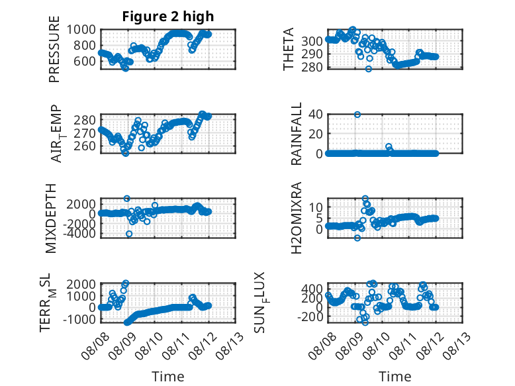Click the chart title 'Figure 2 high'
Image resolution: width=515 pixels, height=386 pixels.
tap(168, 17)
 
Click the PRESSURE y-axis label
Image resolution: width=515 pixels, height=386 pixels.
tap(54, 49)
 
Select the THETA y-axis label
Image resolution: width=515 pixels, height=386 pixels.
tap(288, 49)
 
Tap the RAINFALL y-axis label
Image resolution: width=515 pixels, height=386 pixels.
tap(297, 134)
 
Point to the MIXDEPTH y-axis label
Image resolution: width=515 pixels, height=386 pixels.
tap(51, 218)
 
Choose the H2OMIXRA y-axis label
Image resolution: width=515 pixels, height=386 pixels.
tap(297, 218)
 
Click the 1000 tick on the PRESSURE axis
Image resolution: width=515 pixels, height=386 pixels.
tap(81, 30)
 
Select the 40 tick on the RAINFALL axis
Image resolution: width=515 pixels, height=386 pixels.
tap(315, 115)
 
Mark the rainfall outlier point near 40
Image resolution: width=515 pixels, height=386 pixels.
tap(357, 115)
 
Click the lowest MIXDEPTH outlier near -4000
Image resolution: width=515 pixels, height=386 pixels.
tap(129, 234)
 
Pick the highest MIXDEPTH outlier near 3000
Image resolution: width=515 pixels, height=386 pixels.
tap(127, 199)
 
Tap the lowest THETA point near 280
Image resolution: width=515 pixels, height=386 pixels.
tap(369, 69)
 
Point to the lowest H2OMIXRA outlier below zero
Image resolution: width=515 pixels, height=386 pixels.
tap(357, 238)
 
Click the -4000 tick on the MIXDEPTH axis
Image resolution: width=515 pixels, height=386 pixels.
tap(81, 234)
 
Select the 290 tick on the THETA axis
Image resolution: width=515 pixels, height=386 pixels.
tap(312, 54)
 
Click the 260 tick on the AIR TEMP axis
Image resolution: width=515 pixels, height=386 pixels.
tap(85, 146)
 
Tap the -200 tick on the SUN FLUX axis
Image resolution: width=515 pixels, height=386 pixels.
tap(310, 317)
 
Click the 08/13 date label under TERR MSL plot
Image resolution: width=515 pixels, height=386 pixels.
tap(230, 345)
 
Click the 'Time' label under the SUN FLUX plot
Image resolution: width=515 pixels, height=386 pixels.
tap(395, 377)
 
